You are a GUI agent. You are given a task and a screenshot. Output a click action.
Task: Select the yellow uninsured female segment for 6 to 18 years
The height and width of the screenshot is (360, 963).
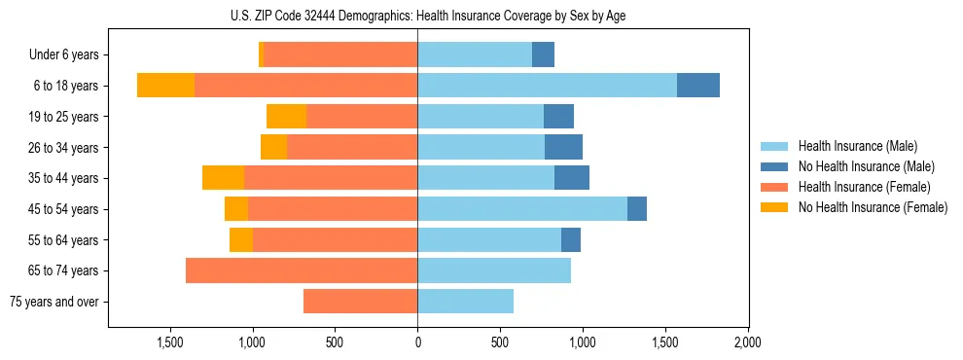pyautogui.click(x=165, y=86)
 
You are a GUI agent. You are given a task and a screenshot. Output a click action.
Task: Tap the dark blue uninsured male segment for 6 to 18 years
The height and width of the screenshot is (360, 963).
pyautogui.click(x=698, y=86)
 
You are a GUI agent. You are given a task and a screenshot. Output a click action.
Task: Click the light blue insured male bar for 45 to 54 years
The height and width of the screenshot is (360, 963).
pyautogui.click(x=522, y=208)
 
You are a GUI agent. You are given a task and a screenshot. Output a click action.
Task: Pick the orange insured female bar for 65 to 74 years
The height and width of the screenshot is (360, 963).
pyautogui.click(x=302, y=270)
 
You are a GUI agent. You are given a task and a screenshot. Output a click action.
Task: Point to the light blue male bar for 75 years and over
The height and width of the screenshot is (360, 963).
pyautogui.click(x=466, y=302)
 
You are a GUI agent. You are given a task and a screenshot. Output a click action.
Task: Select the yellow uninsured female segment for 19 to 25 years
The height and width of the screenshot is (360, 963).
pyautogui.click(x=286, y=117)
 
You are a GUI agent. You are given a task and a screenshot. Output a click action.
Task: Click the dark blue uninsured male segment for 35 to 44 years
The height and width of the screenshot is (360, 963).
pyautogui.click(x=572, y=178)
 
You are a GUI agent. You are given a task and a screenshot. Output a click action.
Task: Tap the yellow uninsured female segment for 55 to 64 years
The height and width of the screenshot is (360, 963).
pyautogui.click(x=241, y=239)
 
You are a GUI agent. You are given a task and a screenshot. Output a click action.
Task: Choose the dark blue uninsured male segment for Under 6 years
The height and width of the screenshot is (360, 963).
pyautogui.click(x=543, y=54)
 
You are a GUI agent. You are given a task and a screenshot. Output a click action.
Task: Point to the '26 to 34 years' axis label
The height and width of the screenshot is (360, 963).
pyautogui.click(x=64, y=148)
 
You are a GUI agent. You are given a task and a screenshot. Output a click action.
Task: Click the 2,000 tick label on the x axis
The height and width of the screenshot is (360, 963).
pyautogui.click(x=747, y=342)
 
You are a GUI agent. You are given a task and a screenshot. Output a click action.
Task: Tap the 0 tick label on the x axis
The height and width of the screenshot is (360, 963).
pyautogui.click(x=417, y=342)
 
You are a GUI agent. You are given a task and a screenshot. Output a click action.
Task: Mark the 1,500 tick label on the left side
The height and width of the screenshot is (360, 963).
pyautogui.click(x=170, y=342)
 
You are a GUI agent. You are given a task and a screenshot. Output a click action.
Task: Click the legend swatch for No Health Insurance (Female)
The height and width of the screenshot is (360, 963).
pyautogui.click(x=774, y=207)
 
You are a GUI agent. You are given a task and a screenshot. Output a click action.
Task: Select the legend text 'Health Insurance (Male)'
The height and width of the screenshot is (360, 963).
pyautogui.click(x=857, y=146)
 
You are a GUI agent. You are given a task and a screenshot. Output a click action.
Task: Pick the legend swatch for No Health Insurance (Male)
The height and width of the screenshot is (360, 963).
pyautogui.click(x=774, y=166)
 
